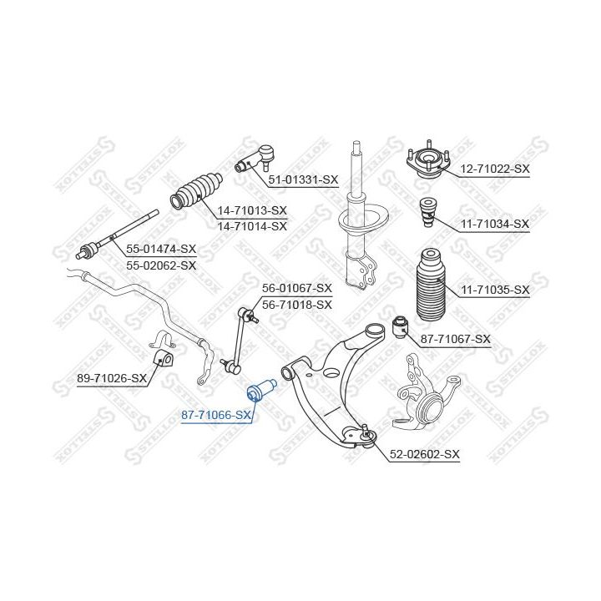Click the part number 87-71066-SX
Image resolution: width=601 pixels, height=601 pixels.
click(x=216, y=415)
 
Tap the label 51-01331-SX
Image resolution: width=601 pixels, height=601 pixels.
click(x=303, y=179)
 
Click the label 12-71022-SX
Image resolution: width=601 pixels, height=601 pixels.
click(x=495, y=169)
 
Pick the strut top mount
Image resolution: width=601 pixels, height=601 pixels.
click(x=428, y=162)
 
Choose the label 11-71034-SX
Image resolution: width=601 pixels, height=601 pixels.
click(x=495, y=224)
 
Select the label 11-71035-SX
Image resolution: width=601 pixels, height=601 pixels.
click(x=496, y=290)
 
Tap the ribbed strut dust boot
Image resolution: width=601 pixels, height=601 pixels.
click(x=430, y=283)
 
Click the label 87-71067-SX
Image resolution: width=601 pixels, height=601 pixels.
click(x=455, y=339)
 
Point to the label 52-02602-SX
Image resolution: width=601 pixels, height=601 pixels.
click(x=426, y=454)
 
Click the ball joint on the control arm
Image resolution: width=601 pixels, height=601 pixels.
click(x=366, y=433)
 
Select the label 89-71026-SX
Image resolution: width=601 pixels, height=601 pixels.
click(x=112, y=378)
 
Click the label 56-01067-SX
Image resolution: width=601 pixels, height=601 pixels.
click(x=297, y=288)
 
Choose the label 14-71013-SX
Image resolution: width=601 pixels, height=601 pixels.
click(x=252, y=210)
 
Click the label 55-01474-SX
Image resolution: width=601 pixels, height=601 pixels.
click(x=161, y=249)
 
